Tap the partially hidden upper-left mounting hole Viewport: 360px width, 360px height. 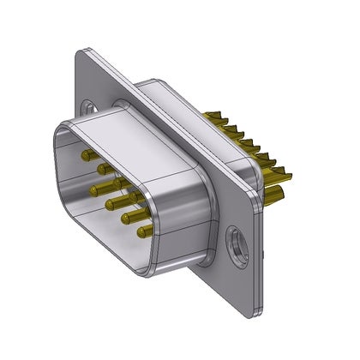tap(90, 109)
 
